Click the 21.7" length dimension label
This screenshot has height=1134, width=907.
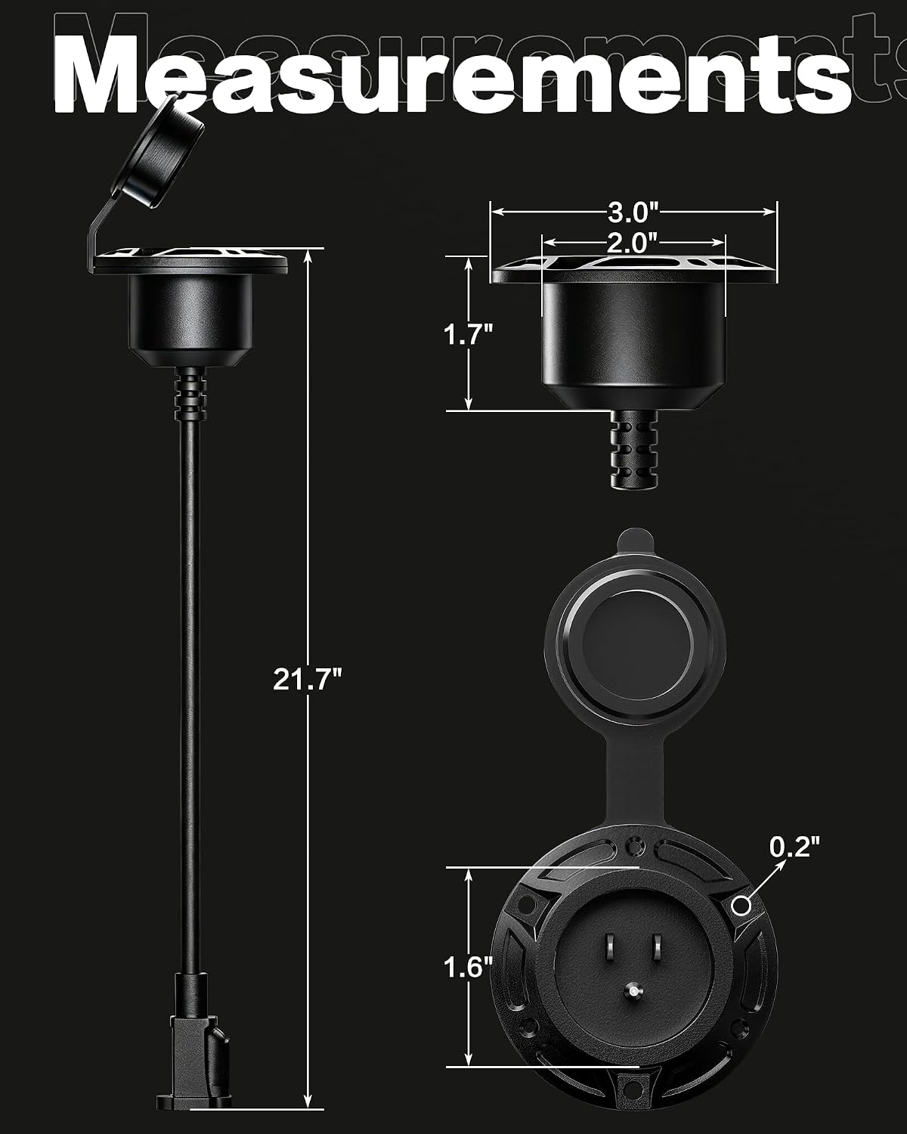tap(308, 679)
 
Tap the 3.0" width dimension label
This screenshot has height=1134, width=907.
tap(633, 212)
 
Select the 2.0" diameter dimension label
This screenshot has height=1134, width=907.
tap(633, 243)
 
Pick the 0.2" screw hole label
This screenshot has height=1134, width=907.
tap(794, 846)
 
